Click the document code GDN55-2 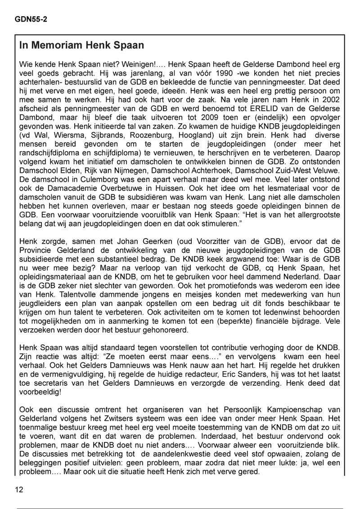pyautogui.click(x=31, y=19)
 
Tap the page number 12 pyautogui.click(x=19, y=490)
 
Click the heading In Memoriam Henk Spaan pyautogui.click(x=81, y=45)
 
